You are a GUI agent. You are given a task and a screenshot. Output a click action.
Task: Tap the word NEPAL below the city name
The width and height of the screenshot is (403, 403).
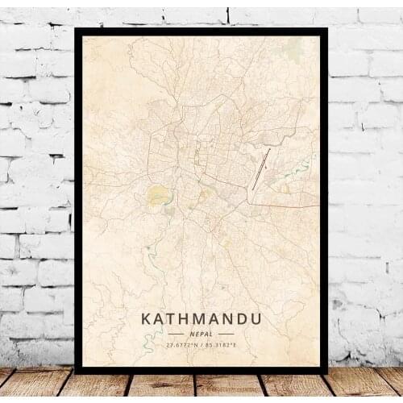point(201,333)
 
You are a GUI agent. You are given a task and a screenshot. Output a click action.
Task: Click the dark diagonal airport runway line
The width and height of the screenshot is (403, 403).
point(261,168)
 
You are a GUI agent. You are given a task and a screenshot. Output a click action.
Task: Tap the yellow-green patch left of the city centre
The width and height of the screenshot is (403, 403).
point(158,194)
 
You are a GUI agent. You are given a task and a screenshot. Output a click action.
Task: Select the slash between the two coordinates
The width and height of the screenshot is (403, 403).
point(202,345)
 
